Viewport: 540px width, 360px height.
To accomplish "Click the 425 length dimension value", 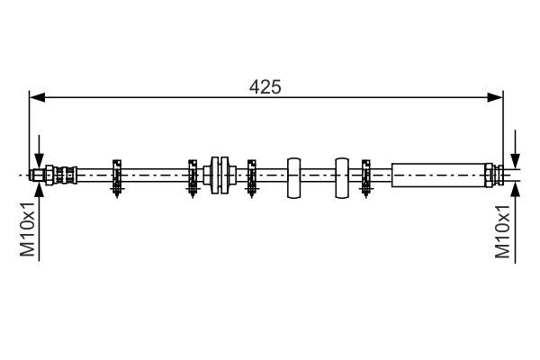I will (265, 86).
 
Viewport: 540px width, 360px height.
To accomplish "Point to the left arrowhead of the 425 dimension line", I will (36, 96).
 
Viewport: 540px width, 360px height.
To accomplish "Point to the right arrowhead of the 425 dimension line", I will (496, 96).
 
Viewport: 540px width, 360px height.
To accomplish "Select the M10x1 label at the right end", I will (505, 231).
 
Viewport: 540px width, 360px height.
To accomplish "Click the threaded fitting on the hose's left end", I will (54, 174).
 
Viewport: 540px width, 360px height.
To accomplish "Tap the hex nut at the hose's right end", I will (490, 174).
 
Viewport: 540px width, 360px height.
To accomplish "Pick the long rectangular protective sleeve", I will (438, 174).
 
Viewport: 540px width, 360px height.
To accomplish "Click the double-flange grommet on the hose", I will (219, 174).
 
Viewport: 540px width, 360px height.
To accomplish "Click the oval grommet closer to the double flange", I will (293, 175).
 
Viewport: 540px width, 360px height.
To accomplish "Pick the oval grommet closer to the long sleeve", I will (342, 175).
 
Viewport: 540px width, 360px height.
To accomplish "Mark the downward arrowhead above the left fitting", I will (39, 158).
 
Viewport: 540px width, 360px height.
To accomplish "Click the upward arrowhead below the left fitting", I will (39, 190).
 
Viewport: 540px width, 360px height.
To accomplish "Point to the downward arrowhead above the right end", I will (514, 157).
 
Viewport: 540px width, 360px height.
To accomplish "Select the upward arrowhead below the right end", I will (514, 190).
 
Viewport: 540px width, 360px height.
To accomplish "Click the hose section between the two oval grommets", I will (318, 174).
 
